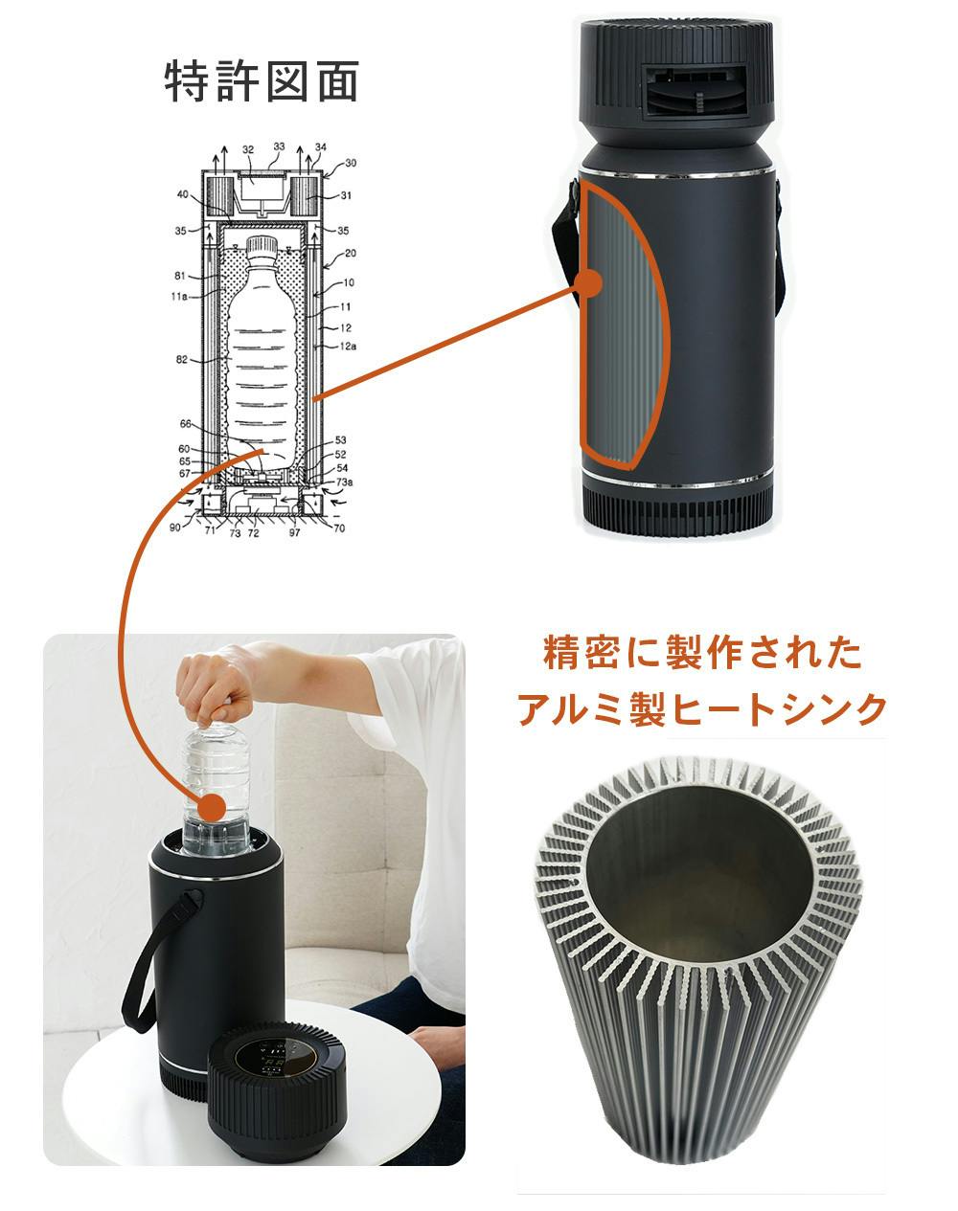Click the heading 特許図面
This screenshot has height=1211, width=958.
262,81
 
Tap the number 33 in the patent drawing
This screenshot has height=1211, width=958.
280,146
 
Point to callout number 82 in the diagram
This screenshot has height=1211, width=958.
181,359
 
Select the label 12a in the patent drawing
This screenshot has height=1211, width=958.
348,347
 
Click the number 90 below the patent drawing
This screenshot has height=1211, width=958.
175,527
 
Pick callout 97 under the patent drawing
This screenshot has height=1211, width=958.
294,532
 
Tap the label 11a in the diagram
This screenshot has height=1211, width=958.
179,296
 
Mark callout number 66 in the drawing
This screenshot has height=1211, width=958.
186,424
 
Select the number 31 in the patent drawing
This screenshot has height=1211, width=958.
346,195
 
